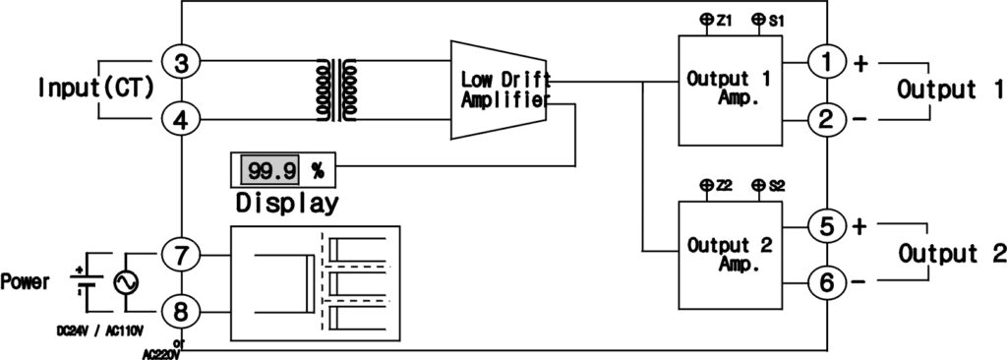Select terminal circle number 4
click(182, 120)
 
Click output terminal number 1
click(826, 62)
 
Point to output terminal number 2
click(826, 120)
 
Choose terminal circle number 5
click(826, 225)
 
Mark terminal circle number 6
click(826, 283)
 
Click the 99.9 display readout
click(270, 170)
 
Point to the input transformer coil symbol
click(335, 91)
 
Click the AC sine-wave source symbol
click(127, 281)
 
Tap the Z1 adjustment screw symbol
click(707, 19)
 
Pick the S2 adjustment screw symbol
click(758, 185)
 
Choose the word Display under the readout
click(287, 204)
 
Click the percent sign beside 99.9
click(317, 170)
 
